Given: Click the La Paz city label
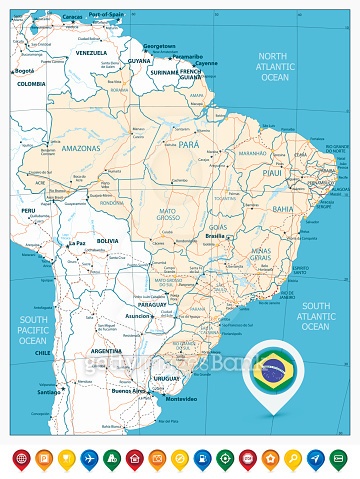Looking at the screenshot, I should point(77,243).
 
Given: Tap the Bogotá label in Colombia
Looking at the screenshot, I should point(23,71).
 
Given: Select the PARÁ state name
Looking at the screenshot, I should point(190,145).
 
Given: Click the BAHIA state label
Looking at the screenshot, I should point(283,209).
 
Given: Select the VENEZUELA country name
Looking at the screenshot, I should point(91,52).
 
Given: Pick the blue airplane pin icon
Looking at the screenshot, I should point(87,458).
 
